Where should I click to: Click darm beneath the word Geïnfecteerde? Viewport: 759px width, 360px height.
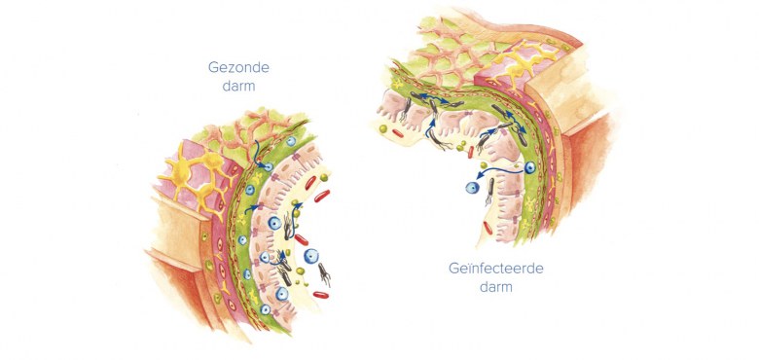494,288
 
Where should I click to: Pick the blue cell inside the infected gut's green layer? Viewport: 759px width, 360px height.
530,168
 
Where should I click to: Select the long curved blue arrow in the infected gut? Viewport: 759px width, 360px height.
506,175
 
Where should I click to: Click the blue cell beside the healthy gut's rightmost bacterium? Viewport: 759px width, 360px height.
310,258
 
